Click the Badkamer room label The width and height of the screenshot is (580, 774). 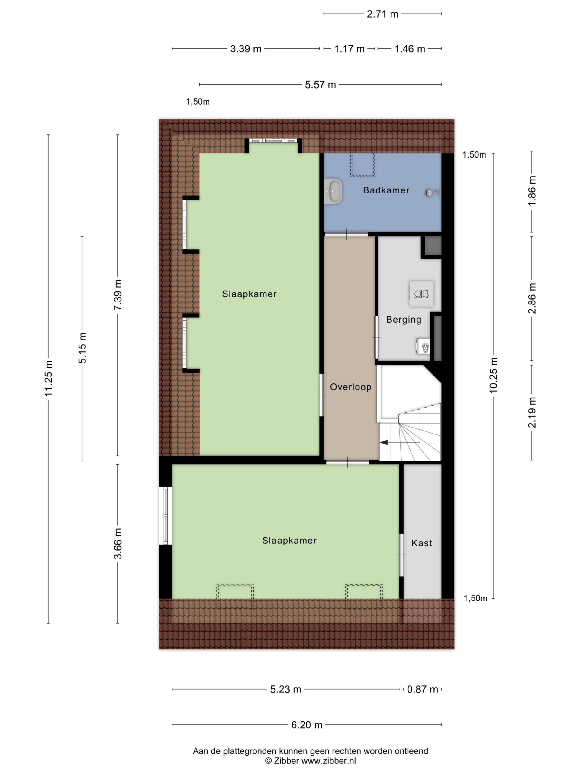pyautogui.click(x=386, y=190)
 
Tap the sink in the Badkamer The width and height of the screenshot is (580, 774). pyautogui.click(x=333, y=191)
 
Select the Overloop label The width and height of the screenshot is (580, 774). pyautogui.click(x=350, y=387)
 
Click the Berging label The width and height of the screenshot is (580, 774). pyautogui.click(x=404, y=320)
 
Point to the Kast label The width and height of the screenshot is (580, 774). pyautogui.click(x=421, y=543)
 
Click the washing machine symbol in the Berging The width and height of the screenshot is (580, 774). pyautogui.click(x=421, y=294)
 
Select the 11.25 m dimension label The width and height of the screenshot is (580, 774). pyautogui.click(x=48, y=378)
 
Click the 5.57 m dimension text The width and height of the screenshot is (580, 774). pyautogui.click(x=320, y=85)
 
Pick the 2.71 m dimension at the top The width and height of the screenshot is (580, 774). pyautogui.click(x=382, y=14)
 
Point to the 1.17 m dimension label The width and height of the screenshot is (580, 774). pyautogui.click(x=349, y=49)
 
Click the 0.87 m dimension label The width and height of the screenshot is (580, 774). pyautogui.click(x=422, y=689)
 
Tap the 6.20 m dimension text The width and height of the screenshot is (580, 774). pyautogui.click(x=307, y=725)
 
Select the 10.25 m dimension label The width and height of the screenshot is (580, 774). pyautogui.click(x=493, y=376)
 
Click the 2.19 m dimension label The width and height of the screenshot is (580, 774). pyautogui.click(x=532, y=412)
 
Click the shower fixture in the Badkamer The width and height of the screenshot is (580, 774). pyautogui.click(x=433, y=192)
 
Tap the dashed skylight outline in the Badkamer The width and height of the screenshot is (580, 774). pyautogui.click(x=362, y=164)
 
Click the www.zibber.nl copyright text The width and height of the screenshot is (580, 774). pyautogui.click(x=310, y=761)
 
